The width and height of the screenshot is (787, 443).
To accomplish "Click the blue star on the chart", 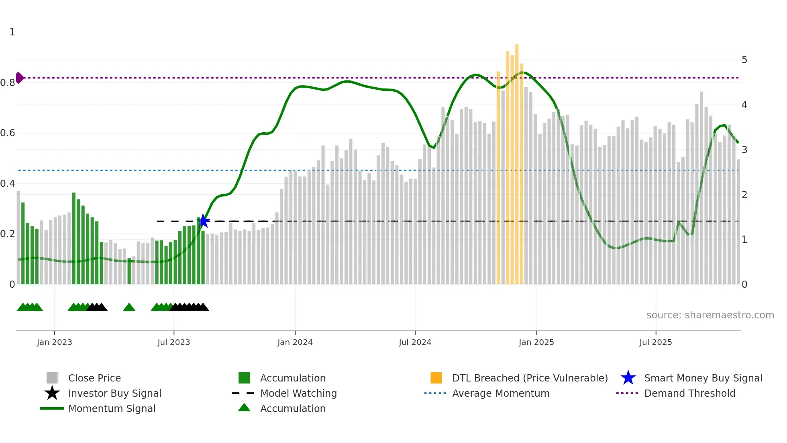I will [204, 221].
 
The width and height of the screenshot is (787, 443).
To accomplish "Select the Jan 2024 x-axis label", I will [295, 342].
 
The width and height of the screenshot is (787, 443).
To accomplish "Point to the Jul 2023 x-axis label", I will [173, 342].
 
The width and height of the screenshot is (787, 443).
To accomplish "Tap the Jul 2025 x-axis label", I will [655, 342].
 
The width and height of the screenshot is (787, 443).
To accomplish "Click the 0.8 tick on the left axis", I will [8, 83].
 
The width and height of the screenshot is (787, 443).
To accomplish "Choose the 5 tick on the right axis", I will [744, 60].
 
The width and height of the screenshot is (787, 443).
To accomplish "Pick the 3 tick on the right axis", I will [744, 150].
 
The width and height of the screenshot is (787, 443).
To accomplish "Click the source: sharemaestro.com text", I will [710, 315].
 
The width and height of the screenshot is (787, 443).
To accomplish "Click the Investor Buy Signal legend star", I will [52, 393].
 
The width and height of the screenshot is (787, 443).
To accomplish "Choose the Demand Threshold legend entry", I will [689, 393].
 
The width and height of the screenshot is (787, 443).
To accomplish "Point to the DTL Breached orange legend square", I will [436, 378].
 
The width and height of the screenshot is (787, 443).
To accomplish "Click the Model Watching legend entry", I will [298, 393].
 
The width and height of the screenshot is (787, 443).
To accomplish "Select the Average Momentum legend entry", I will [500, 393].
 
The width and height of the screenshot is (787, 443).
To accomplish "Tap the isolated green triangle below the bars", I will [129, 308].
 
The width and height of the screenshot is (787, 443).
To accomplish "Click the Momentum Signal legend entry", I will [112, 408].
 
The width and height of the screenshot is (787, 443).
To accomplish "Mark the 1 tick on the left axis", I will [12, 32].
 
